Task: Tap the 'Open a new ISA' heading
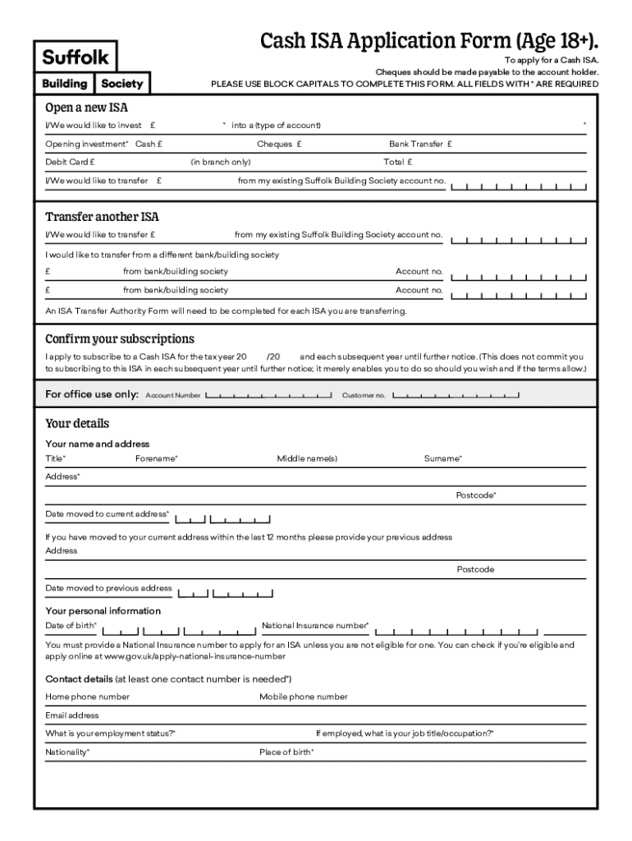tap(86, 107)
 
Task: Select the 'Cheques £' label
tap(279, 144)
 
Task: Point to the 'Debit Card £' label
tap(70, 162)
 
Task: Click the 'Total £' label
tap(398, 162)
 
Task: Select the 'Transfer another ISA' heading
tap(102, 217)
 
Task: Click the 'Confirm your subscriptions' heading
tap(120, 338)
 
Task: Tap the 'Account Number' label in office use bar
tap(173, 396)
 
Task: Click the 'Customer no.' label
tap(364, 396)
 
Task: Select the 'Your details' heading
tap(77, 424)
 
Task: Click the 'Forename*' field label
tap(156, 458)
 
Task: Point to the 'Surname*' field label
tap(442, 458)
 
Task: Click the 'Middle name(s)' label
tap(307, 458)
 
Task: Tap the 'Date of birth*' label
tap(71, 626)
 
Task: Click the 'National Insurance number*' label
tap(315, 626)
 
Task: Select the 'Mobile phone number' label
tap(304, 696)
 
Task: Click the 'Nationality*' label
tap(67, 751)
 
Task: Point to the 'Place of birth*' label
tap(286, 751)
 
